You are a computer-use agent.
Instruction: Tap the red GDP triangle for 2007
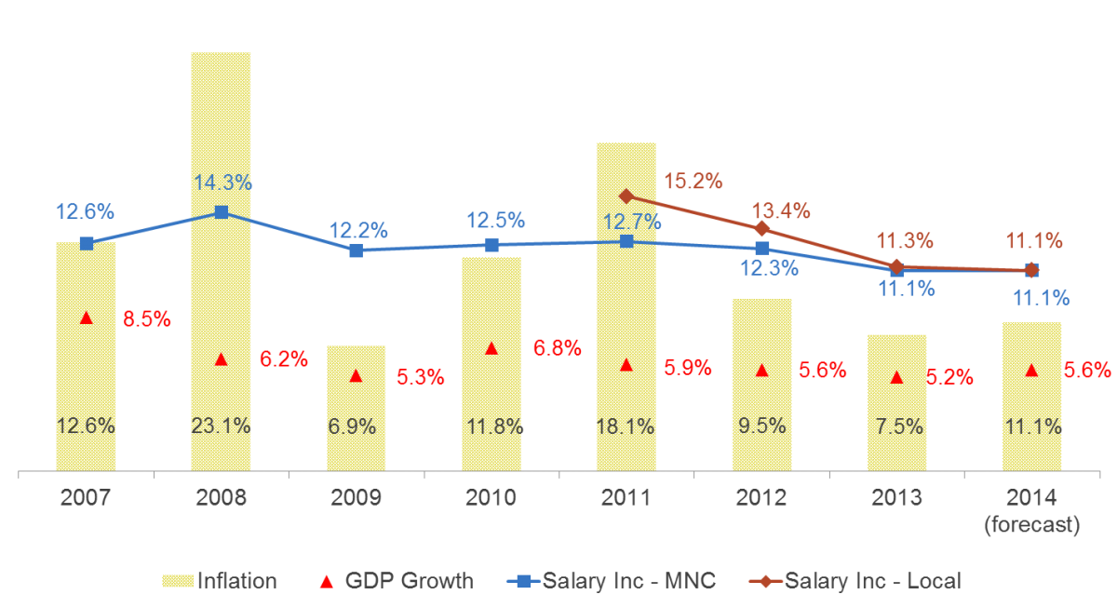click(87, 318)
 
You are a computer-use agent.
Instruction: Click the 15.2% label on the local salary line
click(693, 182)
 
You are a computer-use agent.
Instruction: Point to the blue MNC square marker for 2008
click(221, 212)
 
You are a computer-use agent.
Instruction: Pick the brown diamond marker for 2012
click(761, 228)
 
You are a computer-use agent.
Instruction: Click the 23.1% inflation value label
click(221, 427)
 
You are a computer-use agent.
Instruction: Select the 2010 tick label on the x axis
click(491, 498)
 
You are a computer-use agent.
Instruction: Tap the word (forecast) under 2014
click(1031, 526)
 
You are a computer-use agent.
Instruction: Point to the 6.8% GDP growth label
click(557, 349)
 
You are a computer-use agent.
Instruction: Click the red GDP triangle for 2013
click(896, 377)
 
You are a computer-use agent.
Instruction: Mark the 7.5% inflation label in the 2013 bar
click(896, 427)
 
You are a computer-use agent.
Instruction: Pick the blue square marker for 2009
click(356, 250)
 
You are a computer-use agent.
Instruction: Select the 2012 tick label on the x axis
click(761, 498)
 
